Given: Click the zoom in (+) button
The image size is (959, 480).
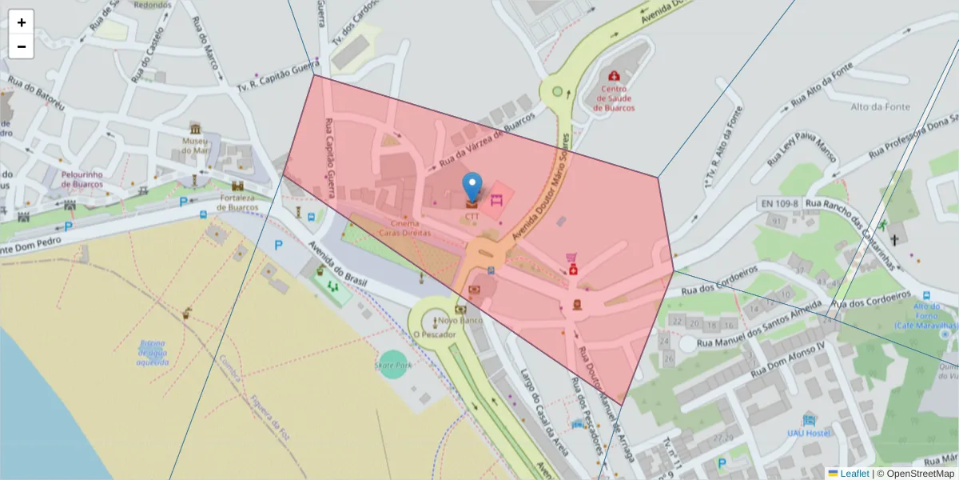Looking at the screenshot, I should tap(21, 22).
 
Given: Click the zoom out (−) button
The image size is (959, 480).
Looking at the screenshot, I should tap(21, 46).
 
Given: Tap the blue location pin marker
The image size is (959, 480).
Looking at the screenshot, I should tap(472, 186).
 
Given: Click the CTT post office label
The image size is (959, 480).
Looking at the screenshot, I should tap(472, 216).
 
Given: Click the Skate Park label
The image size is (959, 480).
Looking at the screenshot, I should tap(392, 365).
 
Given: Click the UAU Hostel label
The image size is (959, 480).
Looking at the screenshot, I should tap(808, 433).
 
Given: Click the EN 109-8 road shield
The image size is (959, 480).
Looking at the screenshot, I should tap(778, 204).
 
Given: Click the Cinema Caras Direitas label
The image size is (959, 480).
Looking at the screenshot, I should tap(411, 228).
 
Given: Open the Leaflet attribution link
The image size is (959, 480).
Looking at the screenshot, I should tap(853, 474).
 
